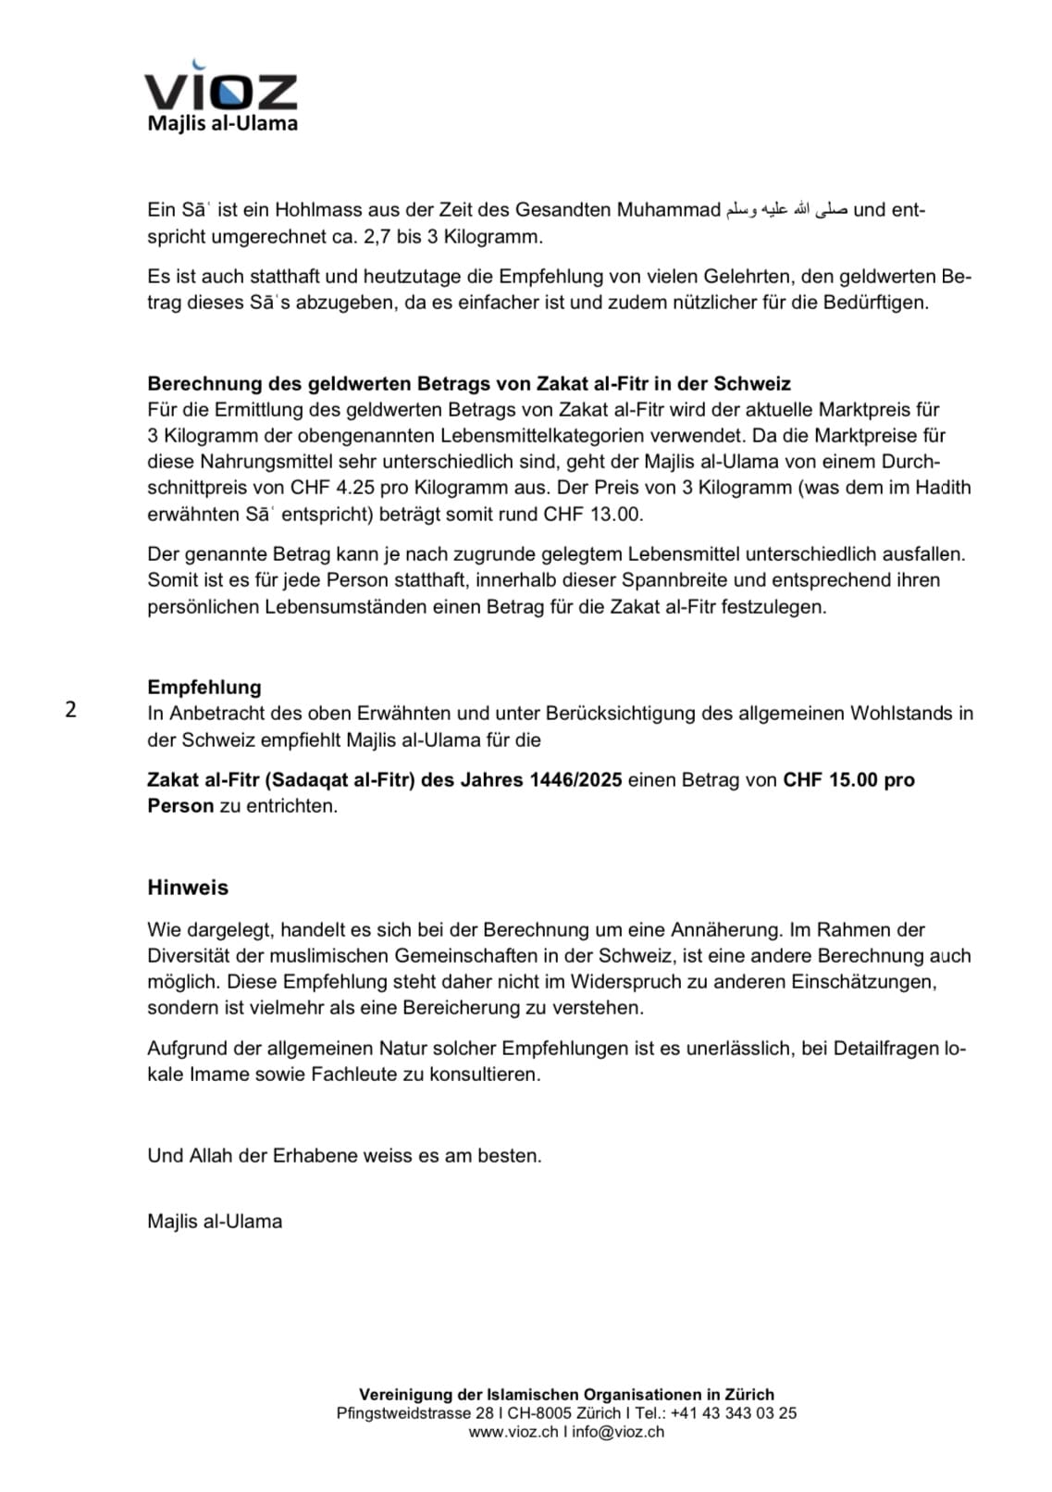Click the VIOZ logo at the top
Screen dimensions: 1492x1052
coord(221,92)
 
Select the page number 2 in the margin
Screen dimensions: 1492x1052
coord(71,710)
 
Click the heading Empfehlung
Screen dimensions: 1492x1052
coord(204,687)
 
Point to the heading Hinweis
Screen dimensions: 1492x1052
coord(188,888)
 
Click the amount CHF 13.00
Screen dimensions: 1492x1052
coord(592,514)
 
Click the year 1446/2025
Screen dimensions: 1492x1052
coord(575,779)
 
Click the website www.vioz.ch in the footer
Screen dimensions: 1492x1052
coord(514,1432)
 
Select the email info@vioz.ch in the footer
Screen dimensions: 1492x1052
coord(618,1432)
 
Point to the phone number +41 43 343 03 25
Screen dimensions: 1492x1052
coord(733,1413)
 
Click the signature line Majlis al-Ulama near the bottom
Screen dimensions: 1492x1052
coord(215,1221)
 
